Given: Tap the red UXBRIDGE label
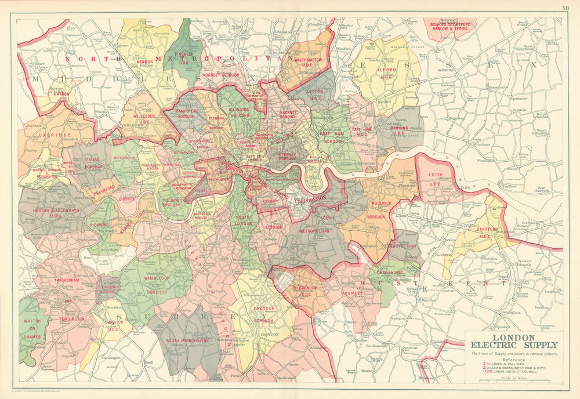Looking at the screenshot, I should pyautogui.click(x=46, y=135).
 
